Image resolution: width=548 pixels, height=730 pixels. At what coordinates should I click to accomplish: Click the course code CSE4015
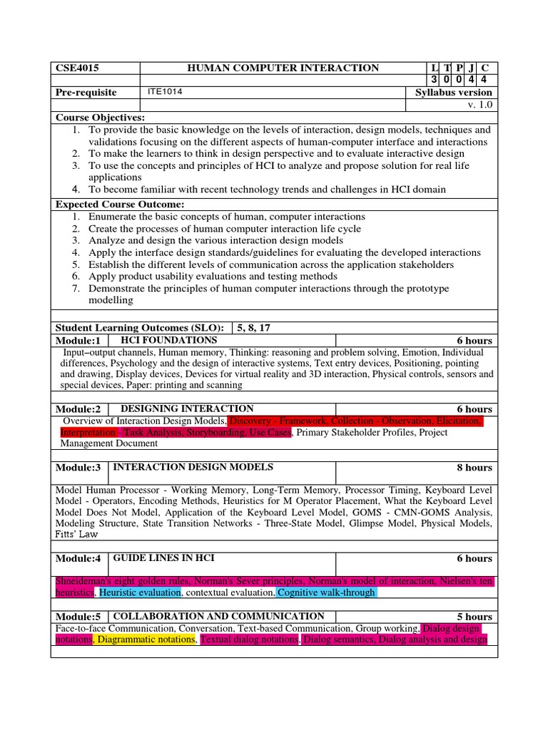(77, 68)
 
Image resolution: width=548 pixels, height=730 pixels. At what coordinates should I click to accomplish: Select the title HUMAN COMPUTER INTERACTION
(283, 68)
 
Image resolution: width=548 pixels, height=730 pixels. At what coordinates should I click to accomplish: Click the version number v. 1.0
(479, 105)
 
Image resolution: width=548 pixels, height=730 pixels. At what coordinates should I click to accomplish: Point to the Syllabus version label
(454, 93)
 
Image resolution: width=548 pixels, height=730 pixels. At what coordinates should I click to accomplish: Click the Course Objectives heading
(101, 117)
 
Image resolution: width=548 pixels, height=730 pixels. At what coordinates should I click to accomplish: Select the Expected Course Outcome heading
(120, 205)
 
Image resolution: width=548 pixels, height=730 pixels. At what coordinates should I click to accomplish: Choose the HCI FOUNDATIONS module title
(168, 341)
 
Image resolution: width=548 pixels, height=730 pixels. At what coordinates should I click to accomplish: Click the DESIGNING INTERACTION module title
(187, 408)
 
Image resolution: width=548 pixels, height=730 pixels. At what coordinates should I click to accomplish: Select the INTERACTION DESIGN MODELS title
(193, 467)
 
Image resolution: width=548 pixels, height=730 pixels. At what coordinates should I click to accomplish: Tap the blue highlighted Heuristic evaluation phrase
(140, 592)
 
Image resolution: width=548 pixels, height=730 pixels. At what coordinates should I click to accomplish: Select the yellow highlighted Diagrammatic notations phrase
(146, 640)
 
